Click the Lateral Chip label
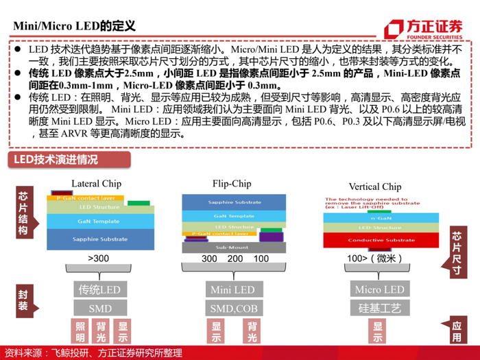pos(96,183)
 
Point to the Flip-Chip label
pos(232,183)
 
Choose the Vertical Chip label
pos(375,187)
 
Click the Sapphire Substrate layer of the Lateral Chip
pos(100,239)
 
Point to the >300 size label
pos(99,259)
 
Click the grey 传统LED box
pos(100,289)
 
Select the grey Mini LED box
pos(233,289)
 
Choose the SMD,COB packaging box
pos(233,309)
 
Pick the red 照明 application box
pos(80,332)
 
